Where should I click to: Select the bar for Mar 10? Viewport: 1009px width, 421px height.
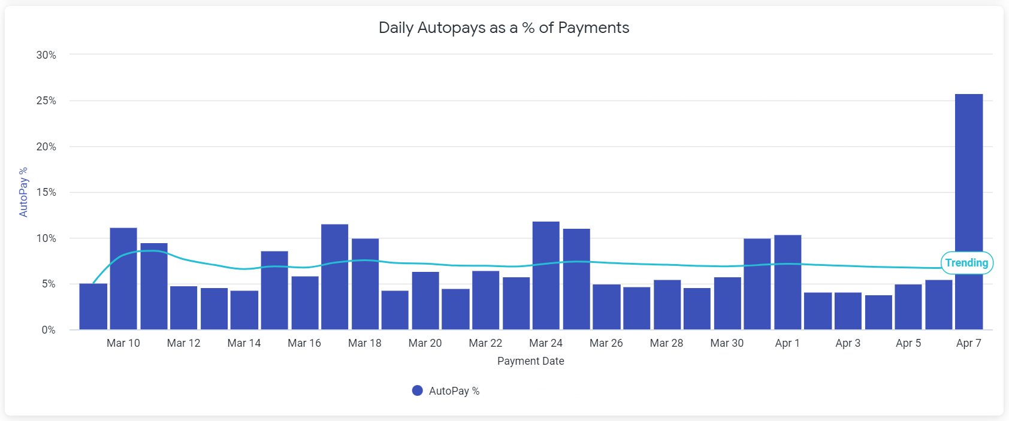pyautogui.click(x=123, y=278)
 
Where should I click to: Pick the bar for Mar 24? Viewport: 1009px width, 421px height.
pyautogui.click(x=546, y=275)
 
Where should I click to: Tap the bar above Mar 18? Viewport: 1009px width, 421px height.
pyautogui.click(x=365, y=284)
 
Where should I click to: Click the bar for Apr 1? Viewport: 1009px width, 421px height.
pyautogui.click(x=787, y=282)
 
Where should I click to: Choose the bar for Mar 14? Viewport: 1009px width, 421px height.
pyautogui.click(x=244, y=310)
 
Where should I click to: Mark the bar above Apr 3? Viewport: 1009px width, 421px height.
pyautogui.click(x=848, y=311)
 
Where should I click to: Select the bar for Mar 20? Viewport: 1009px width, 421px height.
pyautogui.click(x=425, y=301)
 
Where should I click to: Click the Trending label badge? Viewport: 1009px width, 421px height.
pyautogui.click(x=966, y=263)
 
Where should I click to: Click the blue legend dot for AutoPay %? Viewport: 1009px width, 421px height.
pyautogui.click(x=418, y=390)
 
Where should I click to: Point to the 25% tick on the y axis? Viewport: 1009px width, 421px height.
pyautogui.click(x=46, y=101)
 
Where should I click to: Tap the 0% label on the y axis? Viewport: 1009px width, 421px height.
pyautogui.click(x=49, y=330)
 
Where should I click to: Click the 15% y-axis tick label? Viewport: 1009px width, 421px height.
pyautogui.click(x=46, y=192)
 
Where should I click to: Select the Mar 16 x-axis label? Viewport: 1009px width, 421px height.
pyautogui.click(x=304, y=343)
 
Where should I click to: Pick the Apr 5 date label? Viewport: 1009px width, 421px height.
pyautogui.click(x=908, y=343)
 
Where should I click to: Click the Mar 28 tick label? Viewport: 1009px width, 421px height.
pyautogui.click(x=666, y=343)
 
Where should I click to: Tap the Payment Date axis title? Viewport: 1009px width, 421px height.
pyautogui.click(x=531, y=361)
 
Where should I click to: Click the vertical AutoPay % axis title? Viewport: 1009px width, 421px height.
pyautogui.click(x=23, y=192)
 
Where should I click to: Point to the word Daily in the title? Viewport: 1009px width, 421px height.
pyautogui.click(x=395, y=28)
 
